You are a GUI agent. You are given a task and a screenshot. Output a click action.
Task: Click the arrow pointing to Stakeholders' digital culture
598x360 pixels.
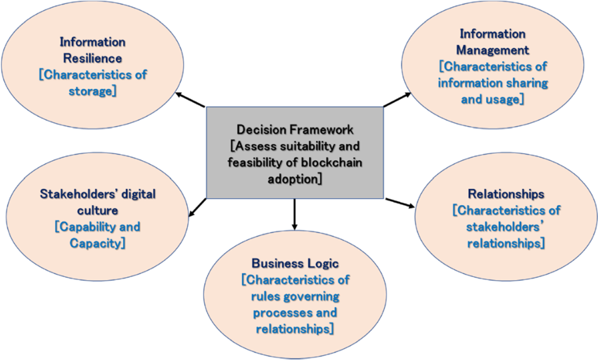[x=198, y=208]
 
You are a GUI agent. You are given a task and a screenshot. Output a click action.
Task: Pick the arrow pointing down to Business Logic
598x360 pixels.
[x=295, y=214]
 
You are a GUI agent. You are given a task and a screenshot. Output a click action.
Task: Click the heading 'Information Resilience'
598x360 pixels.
[x=93, y=50]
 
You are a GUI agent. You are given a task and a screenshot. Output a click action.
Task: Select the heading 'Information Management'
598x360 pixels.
[x=492, y=42]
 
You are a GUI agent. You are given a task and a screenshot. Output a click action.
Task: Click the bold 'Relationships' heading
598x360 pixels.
[x=506, y=193]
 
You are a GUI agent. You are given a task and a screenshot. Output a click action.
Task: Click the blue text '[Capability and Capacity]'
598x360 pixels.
[x=97, y=235]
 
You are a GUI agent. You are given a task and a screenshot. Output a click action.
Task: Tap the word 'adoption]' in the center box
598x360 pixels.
[x=295, y=179]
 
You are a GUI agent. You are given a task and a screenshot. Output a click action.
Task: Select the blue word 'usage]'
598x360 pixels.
[x=507, y=99]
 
